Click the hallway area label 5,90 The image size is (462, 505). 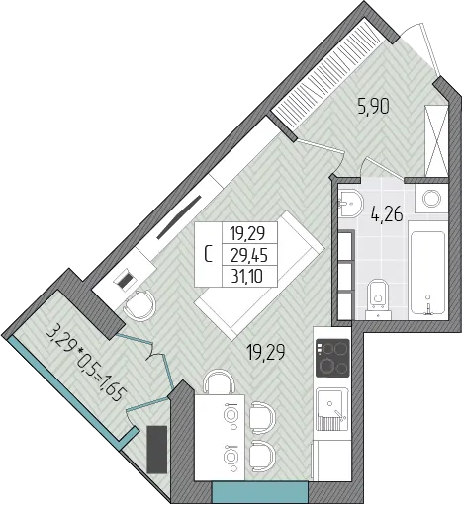click(x=373, y=106)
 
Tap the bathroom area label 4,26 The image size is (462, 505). click(x=387, y=213)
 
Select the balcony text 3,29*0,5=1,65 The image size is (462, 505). click(x=86, y=364)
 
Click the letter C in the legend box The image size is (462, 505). click(x=208, y=254)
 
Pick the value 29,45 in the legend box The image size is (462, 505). click(x=249, y=255)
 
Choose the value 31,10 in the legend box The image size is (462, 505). click(x=247, y=276)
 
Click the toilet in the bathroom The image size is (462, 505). click(x=378, y=299)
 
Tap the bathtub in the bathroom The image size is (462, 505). click(x=427, y=275)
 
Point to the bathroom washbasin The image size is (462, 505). click(x=350, y=203)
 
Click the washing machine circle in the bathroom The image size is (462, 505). click(x=431, y=199)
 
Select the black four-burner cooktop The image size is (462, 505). click(x=332, y=358)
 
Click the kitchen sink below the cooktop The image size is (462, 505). click(x=332, y=409)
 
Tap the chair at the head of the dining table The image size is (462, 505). click(x=219, y=381)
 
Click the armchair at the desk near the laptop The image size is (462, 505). click(x=139, y=305)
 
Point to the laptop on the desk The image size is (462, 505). click(x=125, y=281)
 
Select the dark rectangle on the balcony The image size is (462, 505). click(x=156, y=450)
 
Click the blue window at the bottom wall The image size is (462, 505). click(x=260, y=493)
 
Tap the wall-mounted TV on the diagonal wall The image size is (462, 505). click(x=179, y=217)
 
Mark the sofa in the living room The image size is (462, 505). click(x=259, y=276)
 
